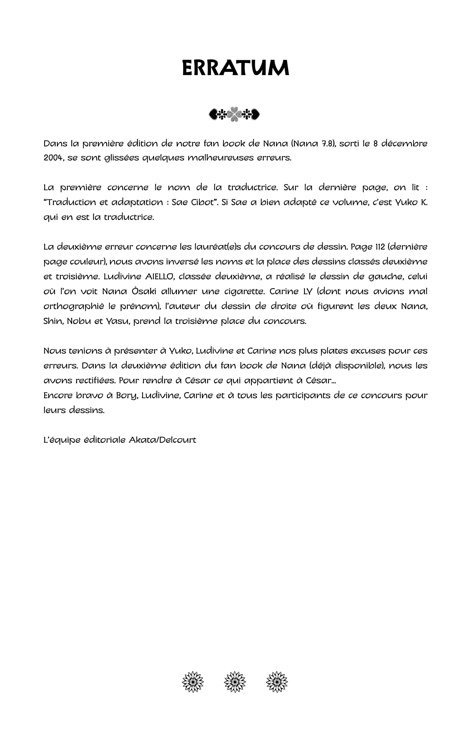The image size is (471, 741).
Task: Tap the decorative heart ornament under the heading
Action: point(235,114)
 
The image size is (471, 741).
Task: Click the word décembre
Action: point(404,144)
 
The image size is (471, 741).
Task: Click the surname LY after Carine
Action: point(308,291)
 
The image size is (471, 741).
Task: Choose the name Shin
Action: point(53,321)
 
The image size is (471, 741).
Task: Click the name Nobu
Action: point(79,321)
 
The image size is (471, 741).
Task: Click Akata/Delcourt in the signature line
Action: point(162,440)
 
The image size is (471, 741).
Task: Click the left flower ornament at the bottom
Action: point(193,682)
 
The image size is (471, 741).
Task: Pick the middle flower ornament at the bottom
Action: point(235,682)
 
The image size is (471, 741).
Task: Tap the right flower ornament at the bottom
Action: point(277,682)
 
